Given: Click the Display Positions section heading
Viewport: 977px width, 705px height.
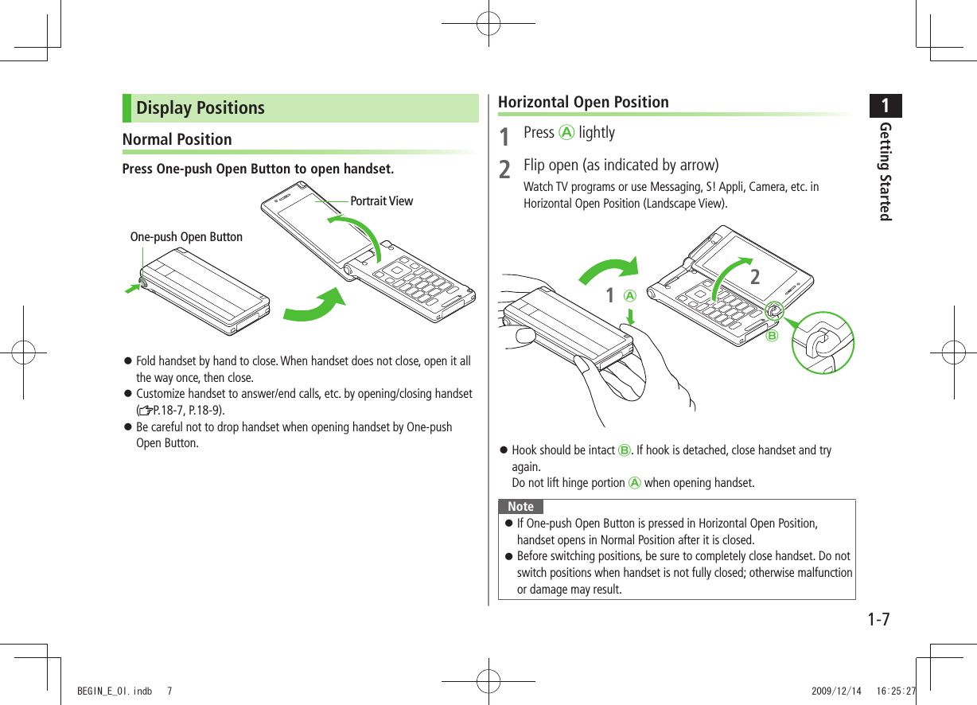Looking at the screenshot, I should coord(200,108).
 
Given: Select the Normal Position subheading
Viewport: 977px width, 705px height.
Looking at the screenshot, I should coord(177,139).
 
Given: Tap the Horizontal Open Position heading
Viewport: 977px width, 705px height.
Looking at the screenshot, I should coord(583,102).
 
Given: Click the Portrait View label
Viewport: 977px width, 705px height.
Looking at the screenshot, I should coord(381,201).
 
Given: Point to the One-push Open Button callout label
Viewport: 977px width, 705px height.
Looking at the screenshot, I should coord(186,237).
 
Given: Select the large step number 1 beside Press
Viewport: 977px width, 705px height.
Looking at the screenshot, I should coord(504,138).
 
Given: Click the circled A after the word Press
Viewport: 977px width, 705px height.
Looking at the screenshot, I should coord(566,133).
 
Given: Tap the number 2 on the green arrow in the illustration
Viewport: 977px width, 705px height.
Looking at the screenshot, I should coord(754,277).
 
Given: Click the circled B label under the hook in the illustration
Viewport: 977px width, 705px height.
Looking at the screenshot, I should coord(771,336).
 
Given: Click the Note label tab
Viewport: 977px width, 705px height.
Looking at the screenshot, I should coord(520,507).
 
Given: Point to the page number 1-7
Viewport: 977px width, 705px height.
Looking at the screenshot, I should coord(878,618).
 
